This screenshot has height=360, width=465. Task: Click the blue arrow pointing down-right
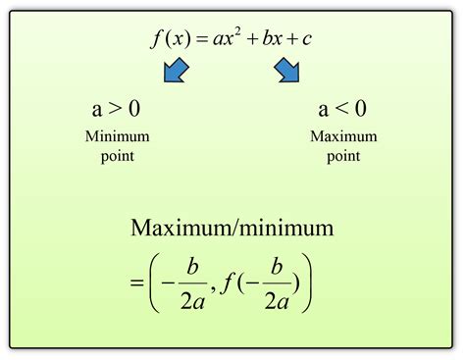point(287,72)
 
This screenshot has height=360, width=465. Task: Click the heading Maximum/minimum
point(232,230)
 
